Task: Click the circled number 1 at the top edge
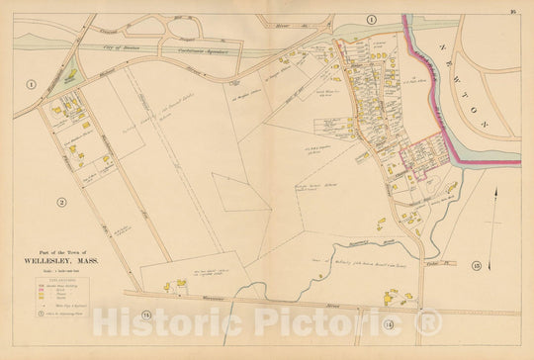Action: click(x=373, y=20)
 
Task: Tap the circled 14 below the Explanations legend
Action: click(x=147, y=315)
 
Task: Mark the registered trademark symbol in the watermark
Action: click(x=427, y=321)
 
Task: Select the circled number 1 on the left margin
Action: click(x=31, y=85)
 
